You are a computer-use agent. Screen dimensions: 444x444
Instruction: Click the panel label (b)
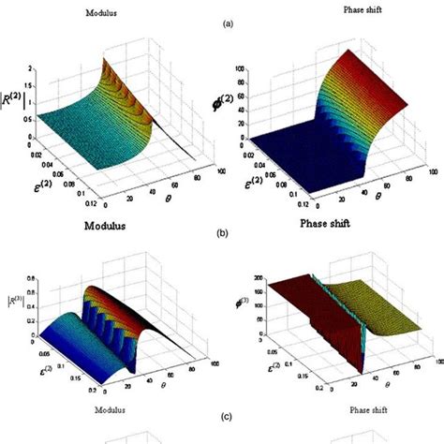(x=221, y=234)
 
